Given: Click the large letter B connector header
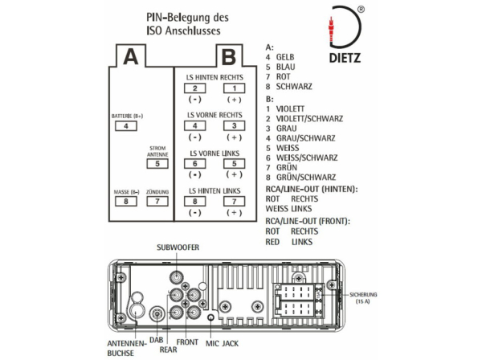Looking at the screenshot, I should tap(228, 56).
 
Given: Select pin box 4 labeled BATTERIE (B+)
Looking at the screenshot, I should tap(125, 126).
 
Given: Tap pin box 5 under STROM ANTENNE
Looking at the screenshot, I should tap(157, 163).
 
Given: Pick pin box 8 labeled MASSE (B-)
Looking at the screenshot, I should tap(125, 201).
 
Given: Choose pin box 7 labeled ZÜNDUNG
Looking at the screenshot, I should tap(157, 201).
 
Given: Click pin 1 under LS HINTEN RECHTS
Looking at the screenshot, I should tap(233, 88).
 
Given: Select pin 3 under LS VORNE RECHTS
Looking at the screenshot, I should tap(233, 125).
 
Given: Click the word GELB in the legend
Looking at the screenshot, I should tap(288, 58).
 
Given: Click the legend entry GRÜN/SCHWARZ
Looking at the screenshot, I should tap(305, 177).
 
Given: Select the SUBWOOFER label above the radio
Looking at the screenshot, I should tap(178, 247).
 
